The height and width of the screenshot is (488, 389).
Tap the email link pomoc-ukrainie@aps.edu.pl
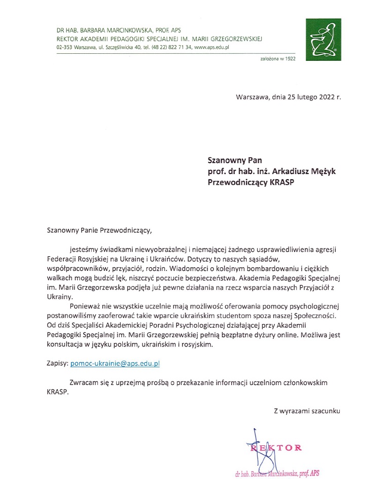[115, 364]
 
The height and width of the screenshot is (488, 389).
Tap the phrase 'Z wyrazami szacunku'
[307, 410]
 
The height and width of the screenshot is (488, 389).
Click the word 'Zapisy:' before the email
[56, 364]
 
